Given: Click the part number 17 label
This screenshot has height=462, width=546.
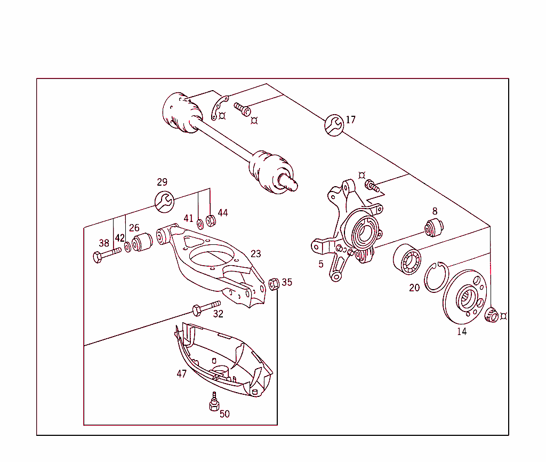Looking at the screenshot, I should pyautogui.click(x=350, y=120).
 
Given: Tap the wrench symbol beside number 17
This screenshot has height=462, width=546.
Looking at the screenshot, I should pyautogui.click(x=334, y=125).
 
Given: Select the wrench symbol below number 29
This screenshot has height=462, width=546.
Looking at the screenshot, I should pyautogui.click(x=164, y=201).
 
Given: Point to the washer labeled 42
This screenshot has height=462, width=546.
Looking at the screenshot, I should pyautogui.click(x=128, y=248).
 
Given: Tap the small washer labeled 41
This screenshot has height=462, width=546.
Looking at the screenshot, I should pyautogui.click(x=200, y=222).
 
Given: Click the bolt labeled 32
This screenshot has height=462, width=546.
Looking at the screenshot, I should pyautogui.click(x=206, y=307).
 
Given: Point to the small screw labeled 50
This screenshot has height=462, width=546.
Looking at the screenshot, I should pyautogui.click(x=214, y=402).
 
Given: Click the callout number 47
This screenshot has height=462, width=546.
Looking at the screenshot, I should pyautogui.click(x=182, y=374).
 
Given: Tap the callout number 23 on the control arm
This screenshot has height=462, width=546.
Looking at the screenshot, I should pyautogui.click(x=256, y=254).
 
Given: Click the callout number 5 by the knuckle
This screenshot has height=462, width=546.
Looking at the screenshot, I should pyautogui.click(x=321, y=264).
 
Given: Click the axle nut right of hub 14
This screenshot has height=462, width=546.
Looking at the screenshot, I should pyautogui.click(x=492, y=315).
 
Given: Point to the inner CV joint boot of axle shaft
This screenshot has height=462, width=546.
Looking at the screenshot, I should pyautogui.click(x=181, y=114).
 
